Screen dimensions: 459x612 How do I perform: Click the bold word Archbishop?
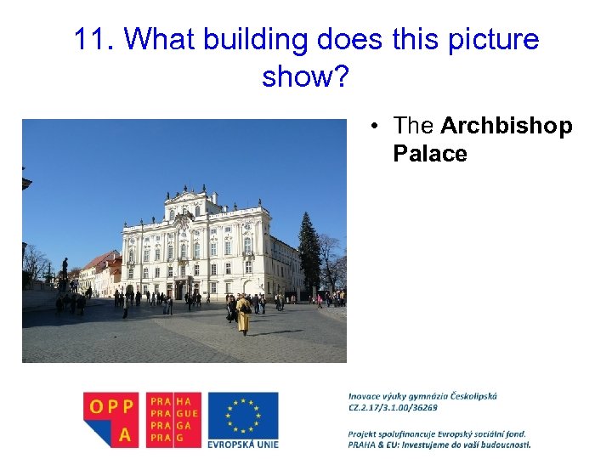pos(507,127)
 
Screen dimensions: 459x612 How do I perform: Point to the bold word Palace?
pos(430,154)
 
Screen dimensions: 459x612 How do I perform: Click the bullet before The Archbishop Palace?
pos(374,127)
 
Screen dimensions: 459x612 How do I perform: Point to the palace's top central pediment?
pos(189,200)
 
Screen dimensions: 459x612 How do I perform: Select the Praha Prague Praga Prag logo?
pos(174,419)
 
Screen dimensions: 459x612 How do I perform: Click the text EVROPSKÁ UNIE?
pos(243,444)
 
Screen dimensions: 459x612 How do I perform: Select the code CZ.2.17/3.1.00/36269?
pos(393,407)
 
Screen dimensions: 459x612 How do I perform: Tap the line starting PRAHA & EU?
pos(439,445)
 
